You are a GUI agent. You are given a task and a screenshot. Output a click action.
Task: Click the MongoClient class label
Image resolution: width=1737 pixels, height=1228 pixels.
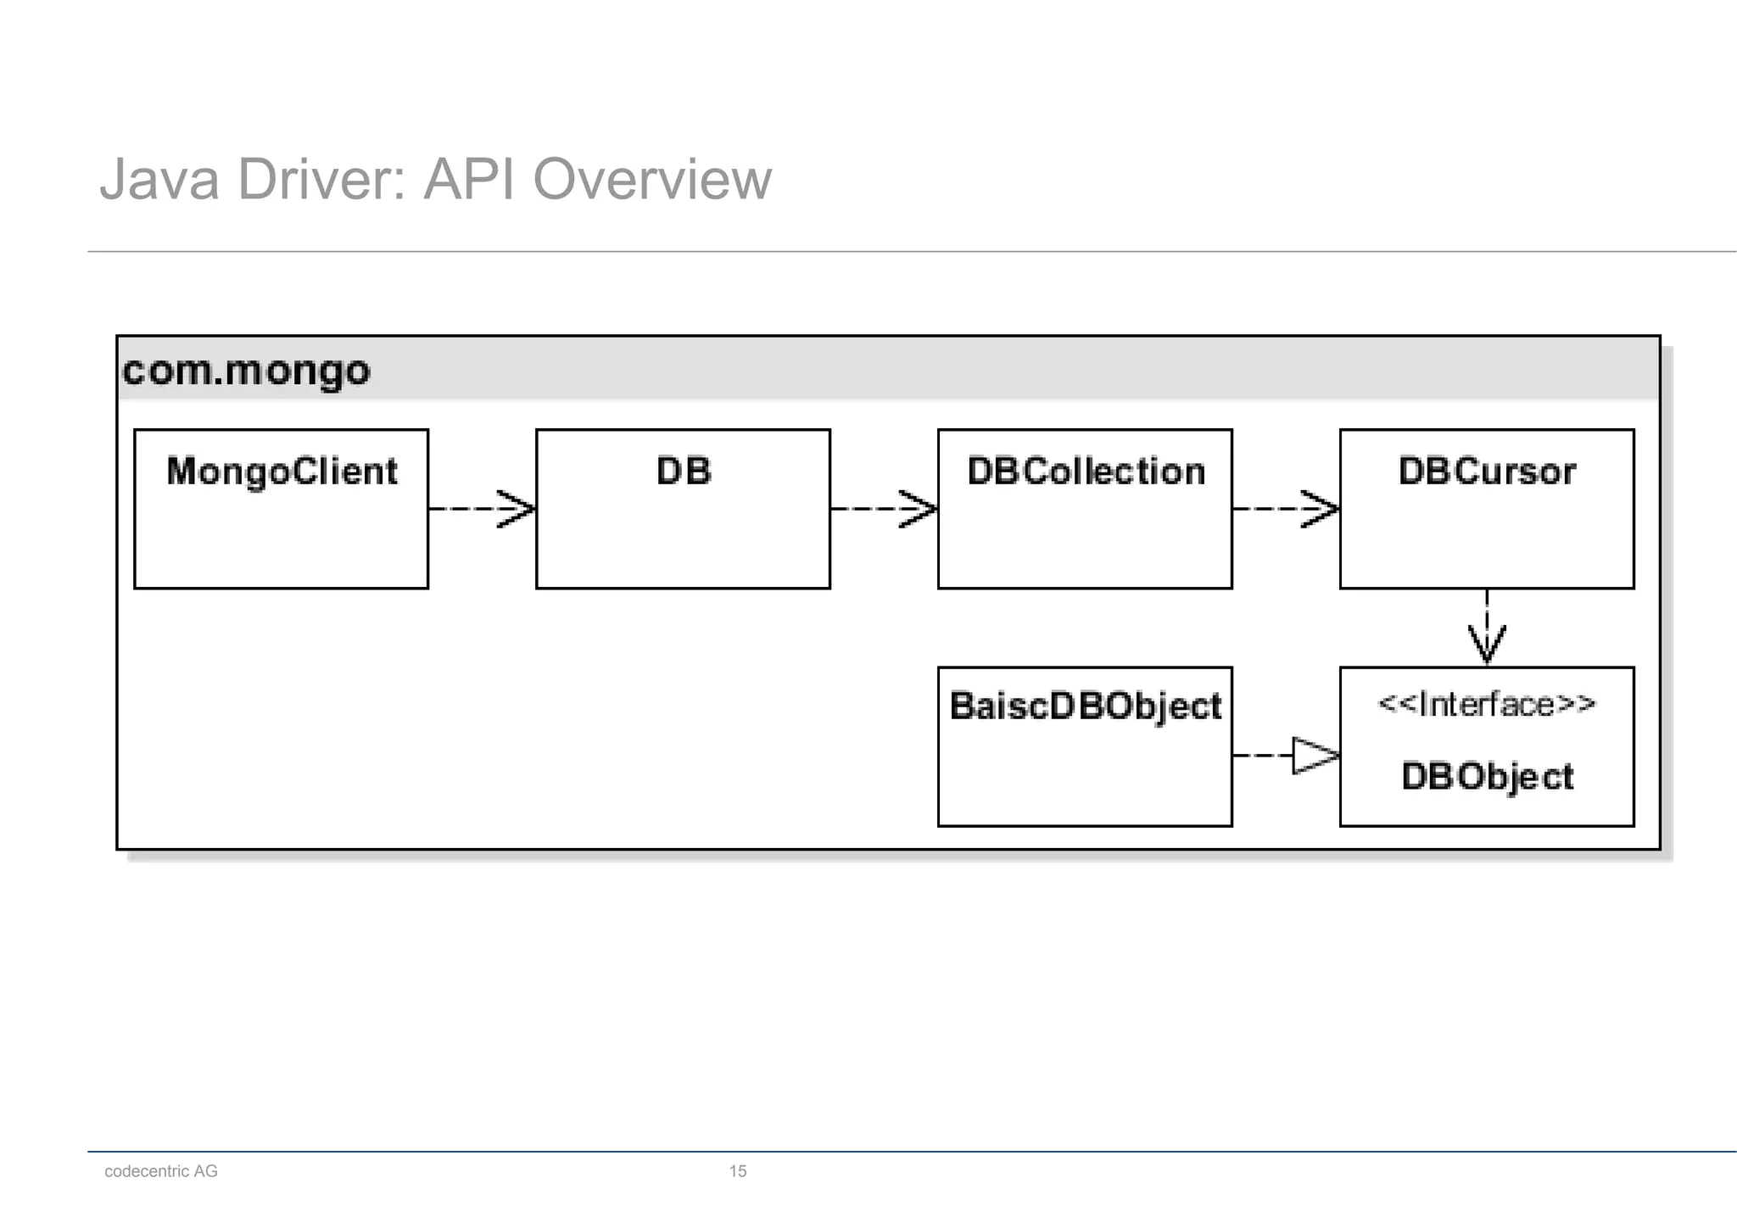(282, 472)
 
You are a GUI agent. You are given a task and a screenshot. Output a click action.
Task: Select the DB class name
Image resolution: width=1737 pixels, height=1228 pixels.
(684, 472)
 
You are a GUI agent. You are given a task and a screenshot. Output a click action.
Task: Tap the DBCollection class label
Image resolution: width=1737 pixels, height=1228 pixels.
(1086, 472)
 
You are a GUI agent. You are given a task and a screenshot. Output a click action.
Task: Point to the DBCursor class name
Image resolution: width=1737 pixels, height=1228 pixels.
(1487, 472)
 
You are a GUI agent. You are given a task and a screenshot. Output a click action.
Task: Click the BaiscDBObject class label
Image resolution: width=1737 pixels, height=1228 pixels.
(1085, 706)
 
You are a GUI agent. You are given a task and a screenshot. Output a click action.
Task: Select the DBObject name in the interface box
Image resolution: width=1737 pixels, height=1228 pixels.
(1487, 777)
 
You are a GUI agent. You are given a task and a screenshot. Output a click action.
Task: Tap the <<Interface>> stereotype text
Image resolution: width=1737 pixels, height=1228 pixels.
(1487, 705)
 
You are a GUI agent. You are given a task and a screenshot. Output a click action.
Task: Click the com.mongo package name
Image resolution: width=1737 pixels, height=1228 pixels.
(246, 371)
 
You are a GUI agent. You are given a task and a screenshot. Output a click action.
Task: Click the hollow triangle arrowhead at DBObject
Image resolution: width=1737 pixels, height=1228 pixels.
(1314, 755)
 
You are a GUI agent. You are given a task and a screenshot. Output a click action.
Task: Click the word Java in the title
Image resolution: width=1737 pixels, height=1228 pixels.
(159, 180)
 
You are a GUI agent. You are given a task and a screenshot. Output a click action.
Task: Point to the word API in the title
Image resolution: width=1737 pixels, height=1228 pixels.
(469, 180)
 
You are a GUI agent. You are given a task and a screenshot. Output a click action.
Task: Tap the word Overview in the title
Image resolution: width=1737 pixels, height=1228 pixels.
(652, 180)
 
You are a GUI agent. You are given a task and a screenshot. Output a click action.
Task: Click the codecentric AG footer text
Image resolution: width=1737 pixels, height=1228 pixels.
(161, 1171)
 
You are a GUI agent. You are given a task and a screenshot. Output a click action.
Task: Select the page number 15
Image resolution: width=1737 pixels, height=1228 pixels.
(738, 1171)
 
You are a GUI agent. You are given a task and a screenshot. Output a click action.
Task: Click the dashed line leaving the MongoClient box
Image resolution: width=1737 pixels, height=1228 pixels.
(462, 509)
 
